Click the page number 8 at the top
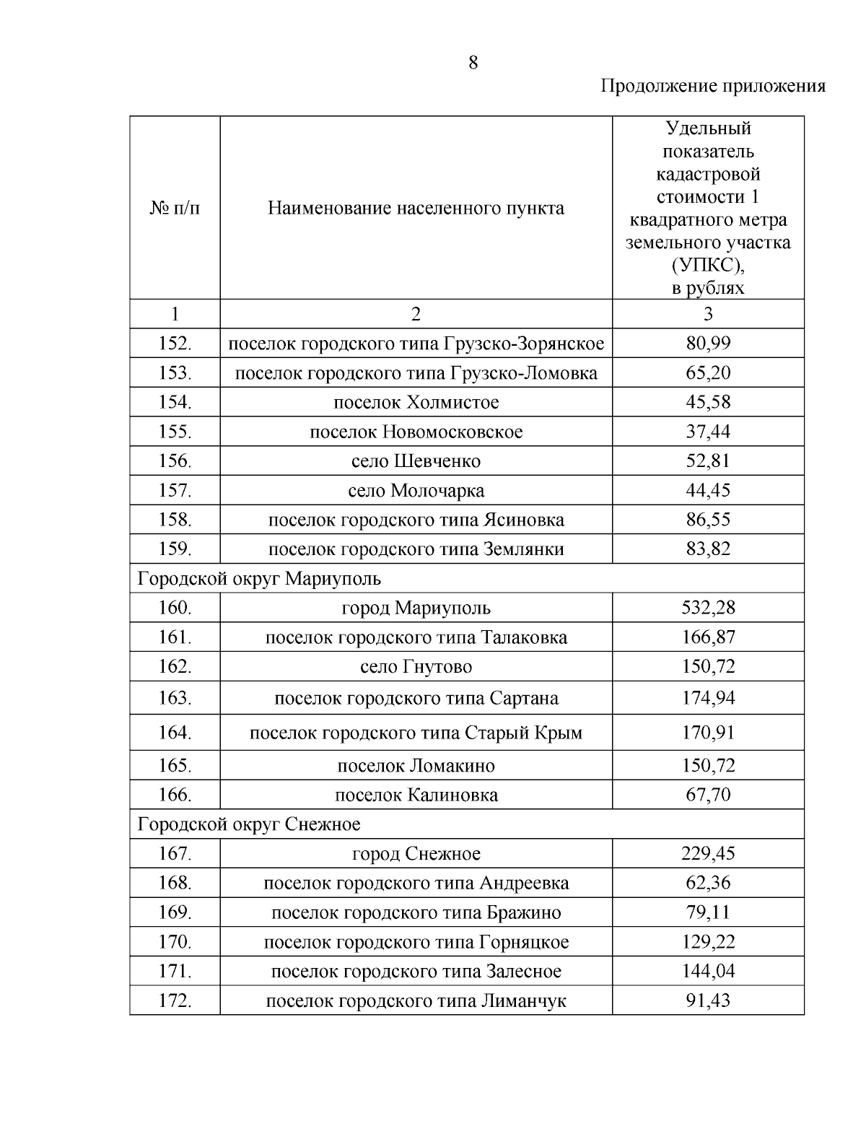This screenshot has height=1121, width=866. point(473,63)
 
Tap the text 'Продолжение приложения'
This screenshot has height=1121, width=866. point(712,87)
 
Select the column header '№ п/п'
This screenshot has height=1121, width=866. point(175,209)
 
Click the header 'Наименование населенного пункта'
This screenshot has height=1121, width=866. point(416,209)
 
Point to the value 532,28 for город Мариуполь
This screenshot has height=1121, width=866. point(708,608)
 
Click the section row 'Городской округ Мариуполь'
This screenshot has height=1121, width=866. point(259,579)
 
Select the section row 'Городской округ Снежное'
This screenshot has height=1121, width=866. point(249,824)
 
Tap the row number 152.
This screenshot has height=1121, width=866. point(175,344)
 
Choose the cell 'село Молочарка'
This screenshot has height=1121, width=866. point(416,491)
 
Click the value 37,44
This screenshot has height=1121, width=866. point(708,432)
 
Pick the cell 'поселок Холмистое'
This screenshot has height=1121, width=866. point(416,402)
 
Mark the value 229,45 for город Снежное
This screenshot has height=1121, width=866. point(708,854)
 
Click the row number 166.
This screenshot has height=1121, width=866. point(175,795)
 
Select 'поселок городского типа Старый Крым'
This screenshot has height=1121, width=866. point(416,733)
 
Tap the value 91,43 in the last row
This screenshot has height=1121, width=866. point(708,1001)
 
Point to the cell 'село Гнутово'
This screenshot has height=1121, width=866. point(416,667)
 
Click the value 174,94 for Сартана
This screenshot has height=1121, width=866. point(708,699)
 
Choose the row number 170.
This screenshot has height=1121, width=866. point(175,942)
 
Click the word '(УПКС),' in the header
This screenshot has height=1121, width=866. point(708,266)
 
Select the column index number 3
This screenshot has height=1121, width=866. point(708,314)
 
